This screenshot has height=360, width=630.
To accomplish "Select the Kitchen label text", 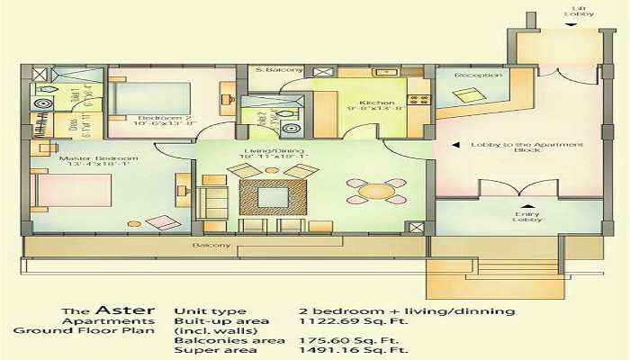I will coord(376,103).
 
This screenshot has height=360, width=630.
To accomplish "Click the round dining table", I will coord(371,191).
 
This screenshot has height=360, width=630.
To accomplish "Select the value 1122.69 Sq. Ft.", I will coord(341,325).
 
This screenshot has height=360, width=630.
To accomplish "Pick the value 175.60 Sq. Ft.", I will coord(341,340).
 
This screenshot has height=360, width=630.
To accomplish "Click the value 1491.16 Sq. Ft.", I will coord(341,353).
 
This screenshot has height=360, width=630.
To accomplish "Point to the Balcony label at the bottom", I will coord(211,245).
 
